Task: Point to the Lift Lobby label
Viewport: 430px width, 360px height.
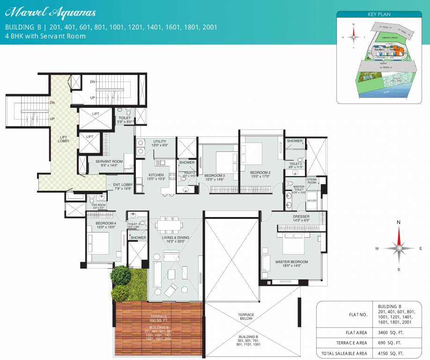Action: point(64,139)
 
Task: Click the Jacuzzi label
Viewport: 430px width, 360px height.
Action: point(311,201)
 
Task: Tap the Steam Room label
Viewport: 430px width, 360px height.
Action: point(311,181)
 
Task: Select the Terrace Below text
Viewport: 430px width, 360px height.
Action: point(246,316)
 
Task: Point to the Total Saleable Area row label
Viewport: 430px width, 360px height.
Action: point(341,352)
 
